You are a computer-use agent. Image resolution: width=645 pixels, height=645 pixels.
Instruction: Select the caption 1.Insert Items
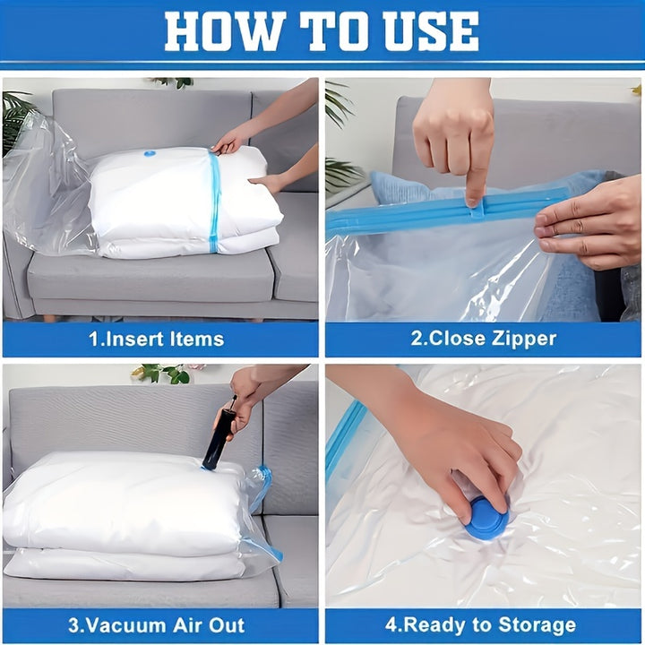157,339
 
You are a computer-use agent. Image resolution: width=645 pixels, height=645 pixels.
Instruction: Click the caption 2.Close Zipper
483,339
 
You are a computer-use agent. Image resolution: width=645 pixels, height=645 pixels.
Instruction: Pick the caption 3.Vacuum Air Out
156,625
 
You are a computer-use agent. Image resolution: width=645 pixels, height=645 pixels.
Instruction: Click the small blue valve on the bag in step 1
150,154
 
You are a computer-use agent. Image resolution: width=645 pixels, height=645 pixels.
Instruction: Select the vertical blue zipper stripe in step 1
214,202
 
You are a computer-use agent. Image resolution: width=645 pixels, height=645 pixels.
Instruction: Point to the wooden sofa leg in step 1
47,317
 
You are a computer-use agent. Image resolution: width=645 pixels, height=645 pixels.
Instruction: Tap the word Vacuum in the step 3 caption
128,625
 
